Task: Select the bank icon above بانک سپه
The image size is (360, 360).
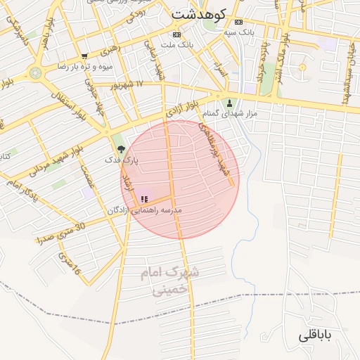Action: (x=239, y=22)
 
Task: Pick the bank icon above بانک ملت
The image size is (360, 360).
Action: (x=176, y=34)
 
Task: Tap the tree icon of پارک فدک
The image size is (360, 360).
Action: (x=122, y=149)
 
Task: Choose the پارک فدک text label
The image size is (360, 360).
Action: (x=121, y=160)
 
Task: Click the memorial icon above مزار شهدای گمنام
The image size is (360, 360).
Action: (x=229, y=103)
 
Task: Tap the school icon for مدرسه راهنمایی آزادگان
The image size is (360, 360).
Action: (x=144, y=199)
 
